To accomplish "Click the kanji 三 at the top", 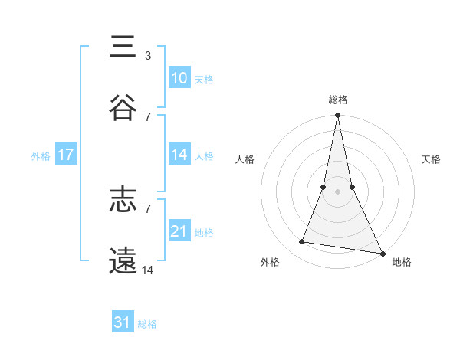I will point(123,47).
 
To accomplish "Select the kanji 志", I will point(123,201).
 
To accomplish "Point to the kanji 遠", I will point(123,261).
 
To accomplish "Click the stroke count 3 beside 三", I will point(147,55).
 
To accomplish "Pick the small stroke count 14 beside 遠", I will point(148,270).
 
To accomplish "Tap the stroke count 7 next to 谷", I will point(148,116).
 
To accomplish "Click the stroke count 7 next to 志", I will point(148,208).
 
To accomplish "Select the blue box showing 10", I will point(179,78).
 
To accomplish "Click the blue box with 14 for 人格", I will point(179,155).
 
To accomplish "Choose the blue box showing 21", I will point(179,231).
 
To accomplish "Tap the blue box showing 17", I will point(66,155).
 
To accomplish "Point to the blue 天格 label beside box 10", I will point(204,79).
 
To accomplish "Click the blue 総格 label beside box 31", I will point(147,324).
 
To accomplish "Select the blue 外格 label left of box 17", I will point(41,155).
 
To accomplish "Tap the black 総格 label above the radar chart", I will point(338,100).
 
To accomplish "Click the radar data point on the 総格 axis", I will point(337,116).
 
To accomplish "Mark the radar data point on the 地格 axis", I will point(381,253).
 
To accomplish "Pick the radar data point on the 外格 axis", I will point(302,242).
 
